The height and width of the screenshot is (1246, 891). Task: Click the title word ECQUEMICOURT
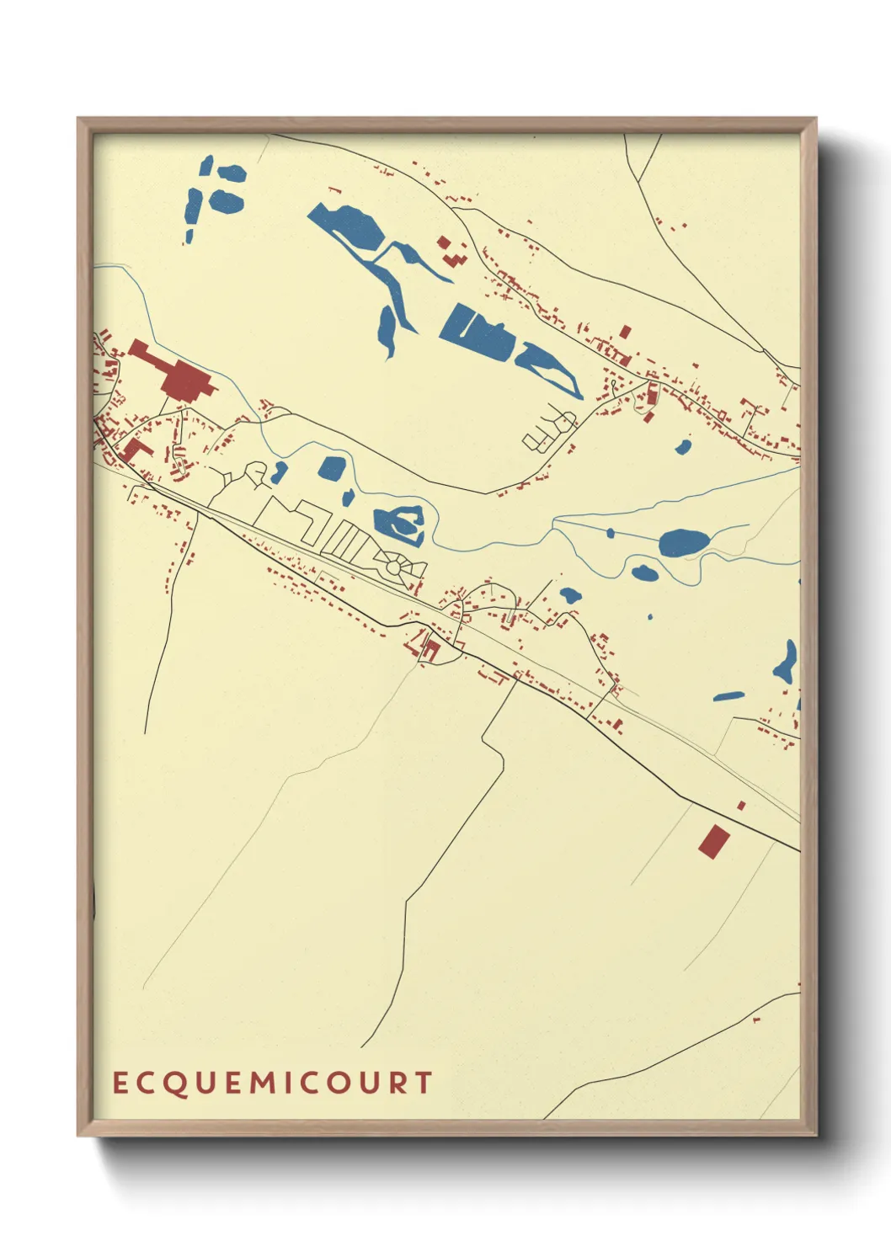[x=273, y=1083]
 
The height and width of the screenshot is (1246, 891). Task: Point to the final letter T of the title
[x=424, y=1083]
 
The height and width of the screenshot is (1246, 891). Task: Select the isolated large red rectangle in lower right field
[x=713, y=841]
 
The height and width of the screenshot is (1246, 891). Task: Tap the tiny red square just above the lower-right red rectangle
[x=741, y=806]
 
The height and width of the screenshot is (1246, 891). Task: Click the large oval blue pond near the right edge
[x=684, y=543]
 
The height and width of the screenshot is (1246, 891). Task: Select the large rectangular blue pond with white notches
[x=476, y=334]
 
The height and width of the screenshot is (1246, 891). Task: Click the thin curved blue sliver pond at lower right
[x=728, y=696]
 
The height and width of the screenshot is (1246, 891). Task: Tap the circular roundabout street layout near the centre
[x=395, y=568]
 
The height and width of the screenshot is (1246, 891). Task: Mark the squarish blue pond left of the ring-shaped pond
[x=332, y=468]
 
